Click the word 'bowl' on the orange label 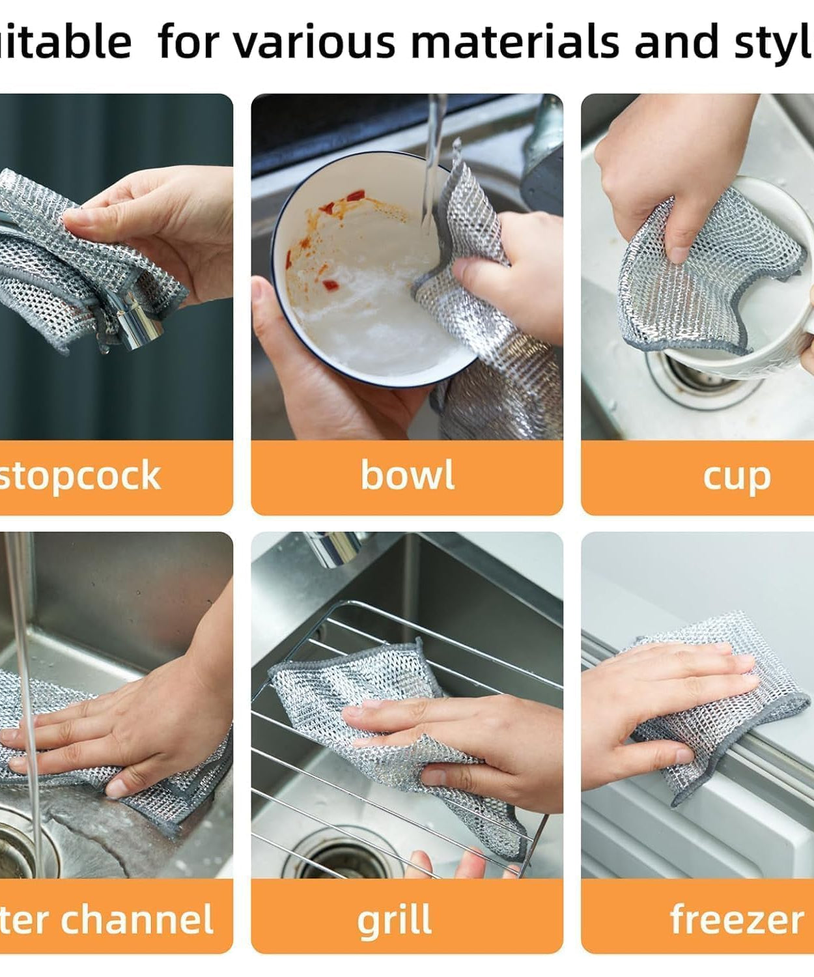coord(407,475)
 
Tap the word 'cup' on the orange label coord(737,477)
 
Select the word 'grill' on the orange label coord(395,920)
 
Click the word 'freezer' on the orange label coord(737,920)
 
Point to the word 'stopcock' coord(79,475)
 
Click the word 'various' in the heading coord(314,42)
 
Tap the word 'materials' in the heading coord(516,42)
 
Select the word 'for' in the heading coord(190,42)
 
